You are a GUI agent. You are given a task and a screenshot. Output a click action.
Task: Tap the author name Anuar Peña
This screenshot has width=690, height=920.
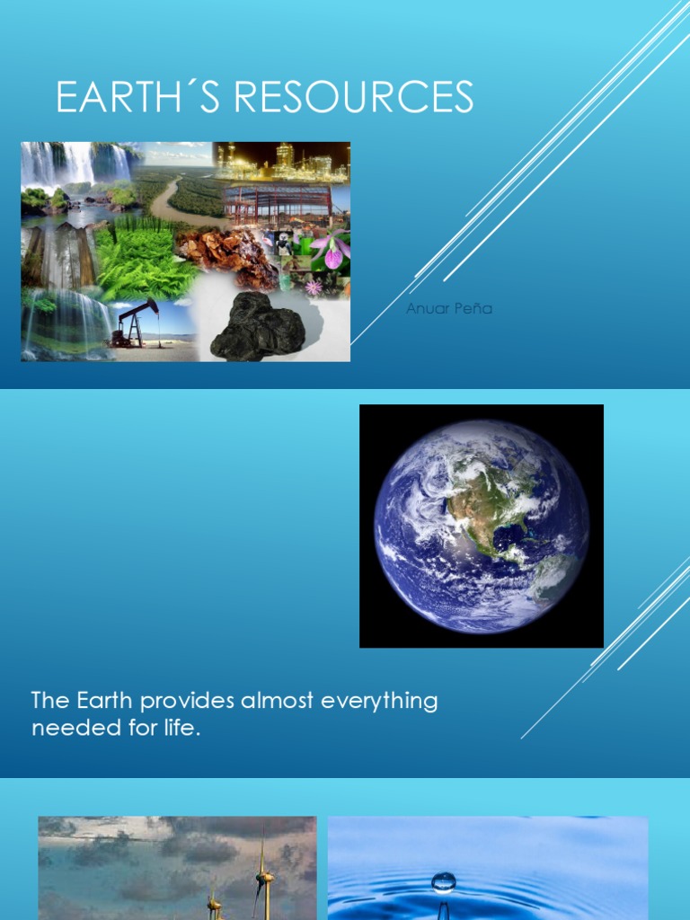pos(449,309)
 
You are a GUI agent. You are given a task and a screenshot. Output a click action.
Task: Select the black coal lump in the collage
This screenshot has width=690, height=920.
pos(258,327)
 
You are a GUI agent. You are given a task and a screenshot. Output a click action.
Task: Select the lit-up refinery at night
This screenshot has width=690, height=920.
pos(282,162)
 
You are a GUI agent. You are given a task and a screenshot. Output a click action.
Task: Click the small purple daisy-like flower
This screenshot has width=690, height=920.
pos(314,287)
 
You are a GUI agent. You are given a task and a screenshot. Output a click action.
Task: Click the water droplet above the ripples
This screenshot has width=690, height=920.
pos(443,881)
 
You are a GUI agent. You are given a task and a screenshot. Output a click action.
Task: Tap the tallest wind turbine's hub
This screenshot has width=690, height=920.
pos(262,872)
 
